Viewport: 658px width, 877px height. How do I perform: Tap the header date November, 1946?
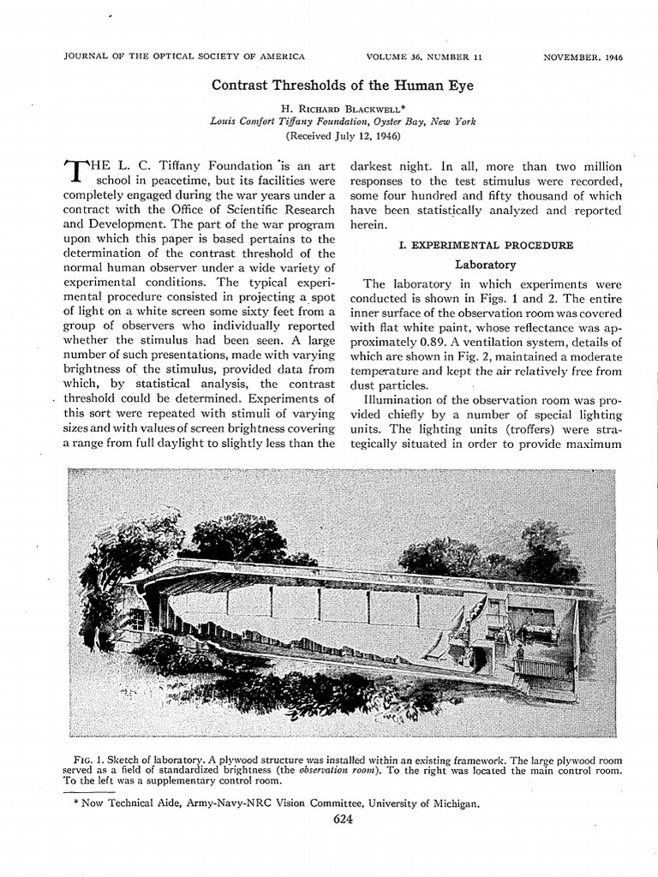click(583, 57)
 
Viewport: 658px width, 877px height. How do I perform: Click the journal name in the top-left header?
click(184, 57)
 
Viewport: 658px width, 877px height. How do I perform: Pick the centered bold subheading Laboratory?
click(485, 265)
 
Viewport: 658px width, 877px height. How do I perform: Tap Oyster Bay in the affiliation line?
click(397, 122)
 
